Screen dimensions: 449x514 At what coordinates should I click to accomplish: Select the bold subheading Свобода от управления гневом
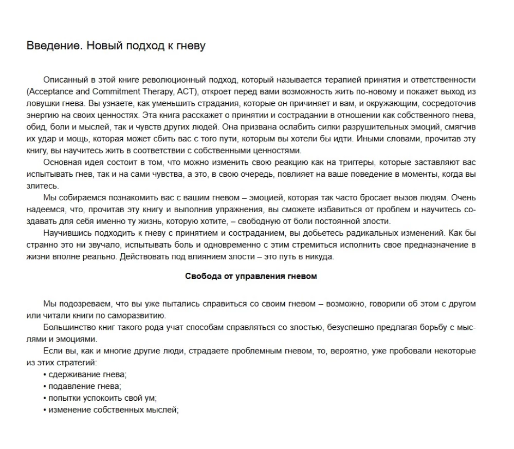pos(251,276)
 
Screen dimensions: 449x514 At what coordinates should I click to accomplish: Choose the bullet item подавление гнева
pos(82,386)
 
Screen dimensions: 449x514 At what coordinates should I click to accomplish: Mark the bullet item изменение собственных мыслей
pos(111,410)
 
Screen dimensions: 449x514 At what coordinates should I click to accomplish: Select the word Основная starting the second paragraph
pos(61,162)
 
